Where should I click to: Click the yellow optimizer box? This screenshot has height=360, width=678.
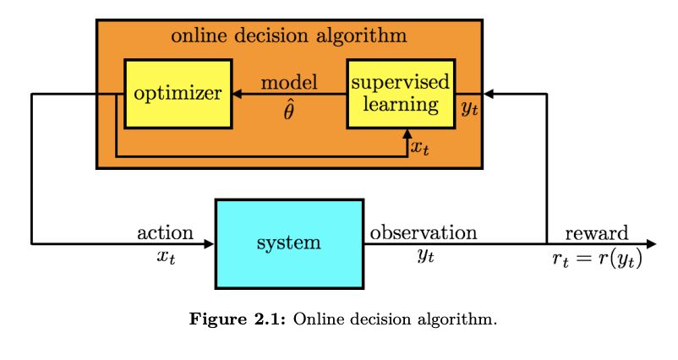(178, 93)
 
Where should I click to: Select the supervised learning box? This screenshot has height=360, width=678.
(401, 93)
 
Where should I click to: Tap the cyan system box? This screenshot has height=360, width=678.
(289, 243)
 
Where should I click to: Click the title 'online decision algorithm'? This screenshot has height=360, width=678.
(289, 36)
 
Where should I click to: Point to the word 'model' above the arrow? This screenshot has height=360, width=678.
(289, 83)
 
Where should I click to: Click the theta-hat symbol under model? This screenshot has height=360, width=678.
(289, 111)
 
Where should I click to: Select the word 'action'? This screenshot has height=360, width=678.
(165, 232)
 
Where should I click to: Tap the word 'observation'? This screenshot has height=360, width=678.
(424, 232)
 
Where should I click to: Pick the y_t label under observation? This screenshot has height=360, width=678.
(424, 256)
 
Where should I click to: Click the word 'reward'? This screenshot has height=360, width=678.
(597, 232)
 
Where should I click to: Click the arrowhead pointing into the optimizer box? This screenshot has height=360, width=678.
(238, 93)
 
